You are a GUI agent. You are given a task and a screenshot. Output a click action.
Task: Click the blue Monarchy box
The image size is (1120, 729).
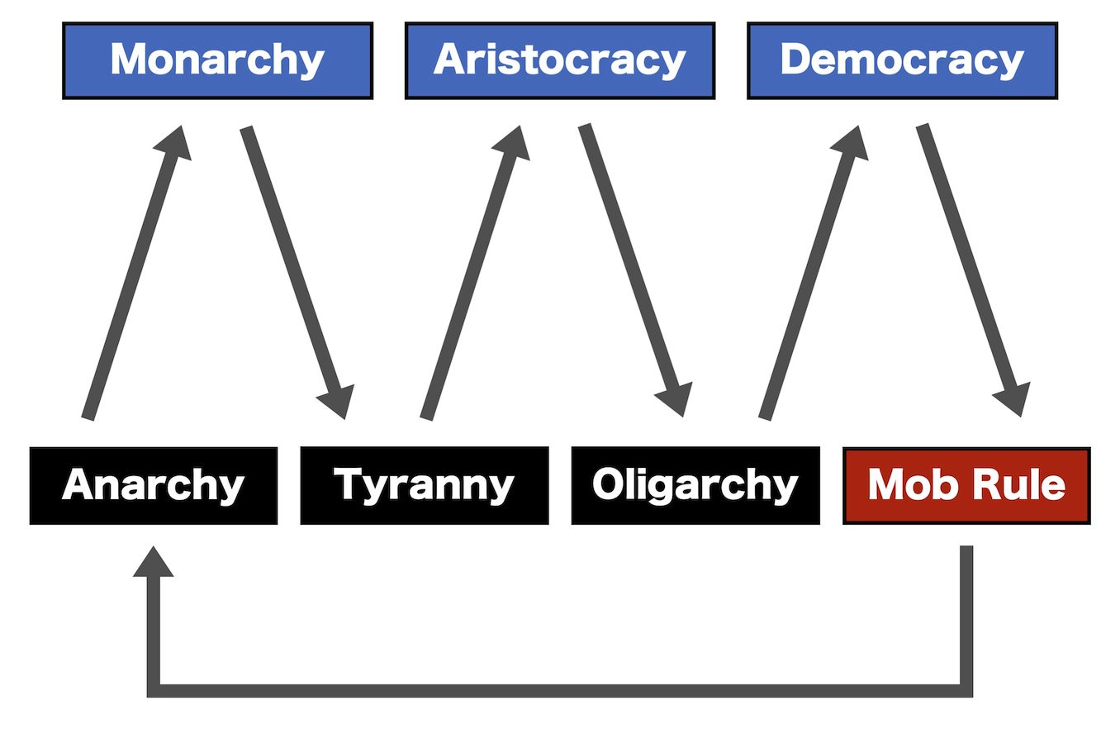coord(217,61)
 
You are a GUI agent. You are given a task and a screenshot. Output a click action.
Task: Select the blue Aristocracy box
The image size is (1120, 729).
coord(559,61)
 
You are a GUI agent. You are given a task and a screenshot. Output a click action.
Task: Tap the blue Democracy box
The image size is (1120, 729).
coord(902,61)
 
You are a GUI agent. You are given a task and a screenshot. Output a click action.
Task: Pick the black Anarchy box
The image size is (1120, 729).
coord(153,485)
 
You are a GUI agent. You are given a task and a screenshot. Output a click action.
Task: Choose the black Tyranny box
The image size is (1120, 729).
coord(424,485)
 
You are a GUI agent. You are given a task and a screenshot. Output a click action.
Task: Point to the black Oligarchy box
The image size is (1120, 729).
coord(695,485)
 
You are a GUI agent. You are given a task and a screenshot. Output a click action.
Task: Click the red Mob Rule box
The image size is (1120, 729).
coord(966,485)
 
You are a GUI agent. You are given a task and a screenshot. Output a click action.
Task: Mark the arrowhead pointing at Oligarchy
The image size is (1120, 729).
coord(675,399)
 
